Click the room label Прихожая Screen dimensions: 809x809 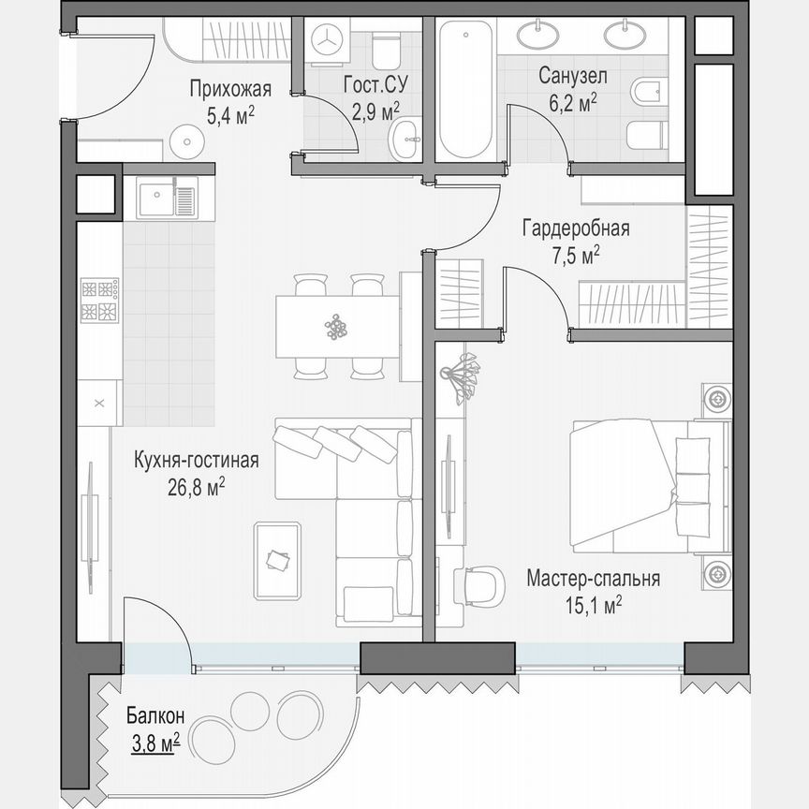coord(229,90)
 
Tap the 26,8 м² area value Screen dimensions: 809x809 coord(196,488)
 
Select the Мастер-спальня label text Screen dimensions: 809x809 coord(592,579)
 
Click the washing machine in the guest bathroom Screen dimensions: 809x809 coord(328,41)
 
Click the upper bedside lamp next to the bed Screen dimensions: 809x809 coord(716,398)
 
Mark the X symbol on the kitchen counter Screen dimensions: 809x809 coord(99,404)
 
